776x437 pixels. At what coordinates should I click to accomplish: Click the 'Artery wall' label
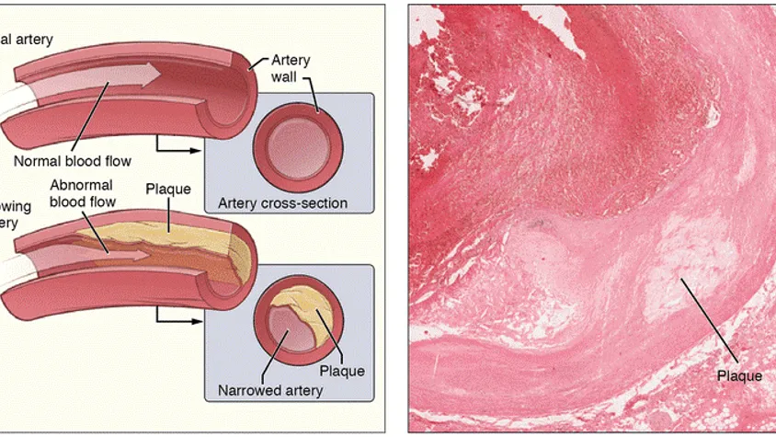click(x=290, y=67)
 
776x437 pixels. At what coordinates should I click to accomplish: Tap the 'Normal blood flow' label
click(x=74, y=162)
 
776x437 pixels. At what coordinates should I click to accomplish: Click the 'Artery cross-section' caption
click(x=282, y=202)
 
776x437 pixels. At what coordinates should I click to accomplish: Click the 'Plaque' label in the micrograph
click(x=738, y=376)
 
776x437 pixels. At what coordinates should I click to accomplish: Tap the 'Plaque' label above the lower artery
click(x=168, y=190)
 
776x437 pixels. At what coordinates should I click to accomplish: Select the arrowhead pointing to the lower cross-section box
click(x=197, y=321)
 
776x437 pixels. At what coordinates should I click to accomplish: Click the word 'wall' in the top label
click(x=286, y=76)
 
